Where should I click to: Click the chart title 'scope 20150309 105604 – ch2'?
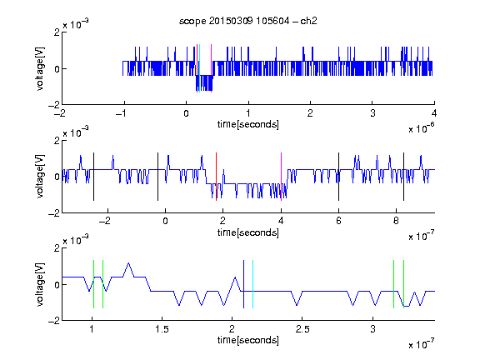coord(248,21)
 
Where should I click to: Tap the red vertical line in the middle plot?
coord(216,177)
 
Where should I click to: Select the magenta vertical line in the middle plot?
coord(281,177)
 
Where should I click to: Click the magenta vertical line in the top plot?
coord(211,68)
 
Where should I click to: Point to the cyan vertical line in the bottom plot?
coord(252,284)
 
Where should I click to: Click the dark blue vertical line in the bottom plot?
coord(243,284)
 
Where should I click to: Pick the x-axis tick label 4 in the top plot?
coord(434,113)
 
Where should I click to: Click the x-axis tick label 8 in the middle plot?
coord(396,221)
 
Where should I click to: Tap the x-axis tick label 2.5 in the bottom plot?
coord(302,329)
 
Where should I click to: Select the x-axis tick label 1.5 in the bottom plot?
coord(162,329)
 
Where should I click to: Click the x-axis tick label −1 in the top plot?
coord(122,113)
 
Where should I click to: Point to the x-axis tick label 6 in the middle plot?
coord(338,221)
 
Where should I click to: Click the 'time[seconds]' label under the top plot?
coord(248,124)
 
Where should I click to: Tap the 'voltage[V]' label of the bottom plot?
coord(40,284)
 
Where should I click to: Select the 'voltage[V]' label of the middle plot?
coord(40,177)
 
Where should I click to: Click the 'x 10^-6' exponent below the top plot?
coord(422,127)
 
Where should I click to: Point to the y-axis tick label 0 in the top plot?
coord(57,69)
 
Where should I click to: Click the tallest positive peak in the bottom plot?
coord(128,263)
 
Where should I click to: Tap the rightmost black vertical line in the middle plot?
coord(403,177)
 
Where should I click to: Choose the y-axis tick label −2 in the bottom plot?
coord(54,321)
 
